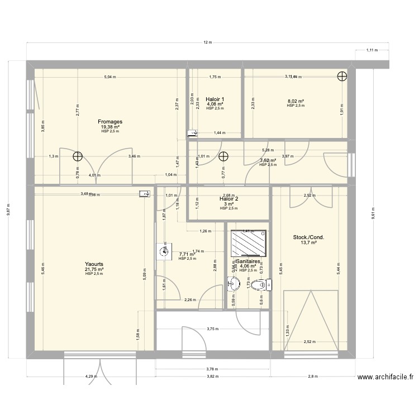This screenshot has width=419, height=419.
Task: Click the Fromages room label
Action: point(110,121)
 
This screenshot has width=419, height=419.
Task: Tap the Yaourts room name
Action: point(94,264)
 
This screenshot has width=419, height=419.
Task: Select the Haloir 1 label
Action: point(215,98)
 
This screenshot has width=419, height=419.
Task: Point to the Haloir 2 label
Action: point(229,198)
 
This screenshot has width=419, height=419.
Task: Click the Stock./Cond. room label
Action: point(308,237)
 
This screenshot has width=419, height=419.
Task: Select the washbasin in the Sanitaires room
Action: point(232,285)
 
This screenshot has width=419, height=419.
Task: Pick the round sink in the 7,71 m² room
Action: point(164,251)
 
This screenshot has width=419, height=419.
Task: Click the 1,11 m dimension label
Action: point(372,50)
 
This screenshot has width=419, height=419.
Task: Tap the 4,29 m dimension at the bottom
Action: point(91,377)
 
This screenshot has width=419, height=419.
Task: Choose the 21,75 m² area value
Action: point(94,269)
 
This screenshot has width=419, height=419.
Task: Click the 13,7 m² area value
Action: point(308,242)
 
